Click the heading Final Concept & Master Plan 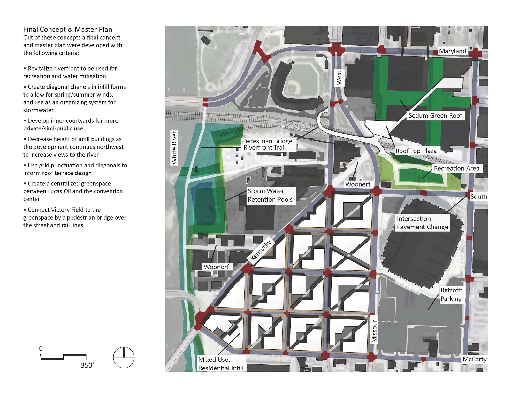pyautogui.click(x=68, y=29)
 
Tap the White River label pyautogui.click(x=174, y=148)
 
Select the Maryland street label pyautogui.click(x=453, y=51)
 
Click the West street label pyautogui.click(x=339, y=78)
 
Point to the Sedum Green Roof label pyautogui.click(x=435, y=116)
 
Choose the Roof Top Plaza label pyautogui.click(x=416, y=151)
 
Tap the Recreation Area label pyautogui.click(x=456, y=168)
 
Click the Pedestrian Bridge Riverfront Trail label pyautogui.click(x=267, y=144)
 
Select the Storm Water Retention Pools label pyautogui.click(x=270, y=195)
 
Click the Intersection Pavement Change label pyautogui.click(x=422, y=223)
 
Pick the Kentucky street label pyautogui.click(x=261, y=250)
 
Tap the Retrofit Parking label pyautogui.click(x=451, y=294)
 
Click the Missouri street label pyautogui.click(x=374, y=330)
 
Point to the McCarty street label pyautogui.click(x=475, y=359)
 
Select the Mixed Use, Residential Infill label pyautogui.click(x=221, y=364)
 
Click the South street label pyautogui.click(x=478, y=197)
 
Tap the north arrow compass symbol pyautogui.click(x=124, y=357)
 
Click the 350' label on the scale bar pyautogui.click(x=87, y=365)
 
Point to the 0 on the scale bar pyautogui.click(x=41, y=348)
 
